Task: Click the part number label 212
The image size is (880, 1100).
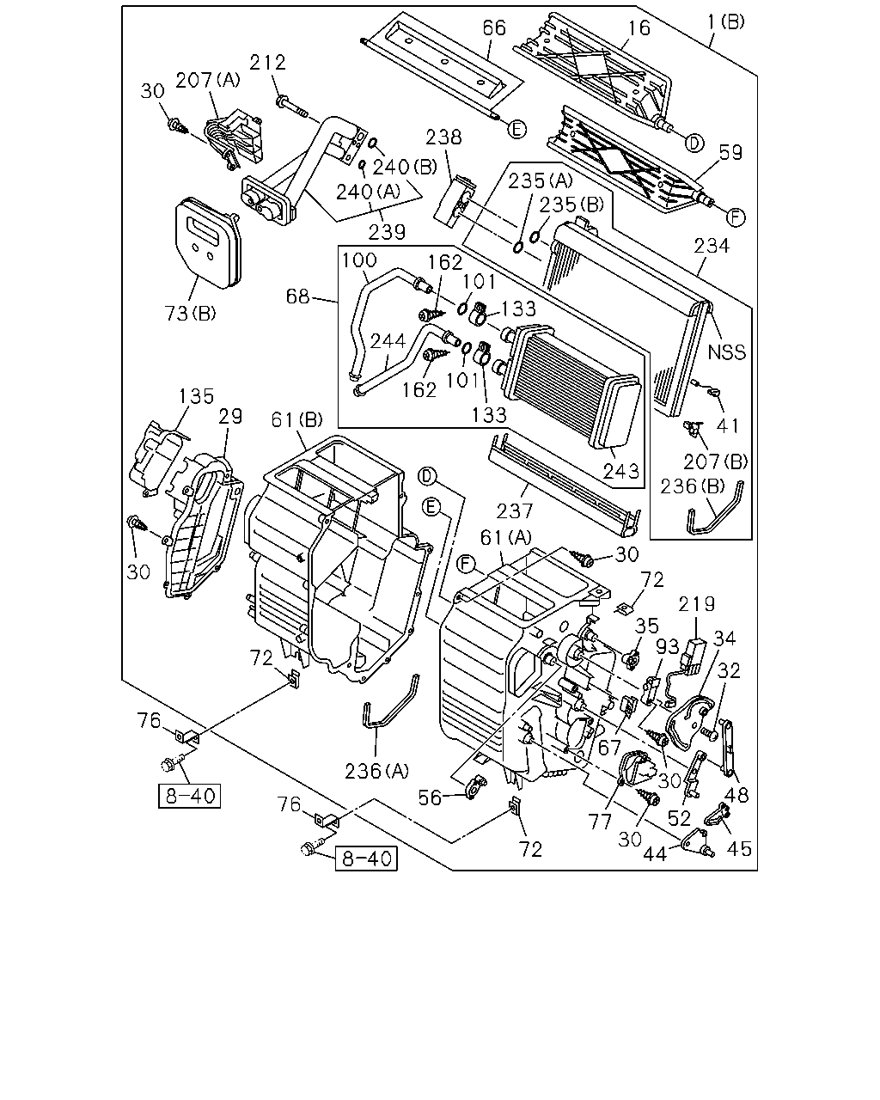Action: pos(267,63)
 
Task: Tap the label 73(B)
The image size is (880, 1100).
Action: pos(190,314)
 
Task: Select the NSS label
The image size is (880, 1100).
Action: pos(726,352)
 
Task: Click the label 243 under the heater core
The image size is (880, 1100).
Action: pos(621,471)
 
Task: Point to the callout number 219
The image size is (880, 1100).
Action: pos(696,604)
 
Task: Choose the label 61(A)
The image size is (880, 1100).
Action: pos(505,537)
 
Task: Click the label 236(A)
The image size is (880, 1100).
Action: pos(377,771)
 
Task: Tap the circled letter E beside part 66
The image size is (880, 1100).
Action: pos(517,129)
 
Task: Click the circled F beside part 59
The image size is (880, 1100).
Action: pos(736,217)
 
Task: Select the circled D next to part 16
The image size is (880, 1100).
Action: pos(694,144)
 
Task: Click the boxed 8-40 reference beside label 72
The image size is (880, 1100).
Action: pos(366,859)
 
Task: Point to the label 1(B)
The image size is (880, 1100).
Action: pos(726,21)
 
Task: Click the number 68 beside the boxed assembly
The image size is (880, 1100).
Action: pos(297,296)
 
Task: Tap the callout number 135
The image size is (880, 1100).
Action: pos(196,396)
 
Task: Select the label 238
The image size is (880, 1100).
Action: pos(443,137)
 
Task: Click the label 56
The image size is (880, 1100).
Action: pos(430,797)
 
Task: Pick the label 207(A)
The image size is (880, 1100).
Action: pos(208,80)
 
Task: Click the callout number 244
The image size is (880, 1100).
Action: pos(388,341)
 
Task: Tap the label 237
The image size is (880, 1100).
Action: pos(515,510)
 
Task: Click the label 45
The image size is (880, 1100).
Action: pos(739,849)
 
